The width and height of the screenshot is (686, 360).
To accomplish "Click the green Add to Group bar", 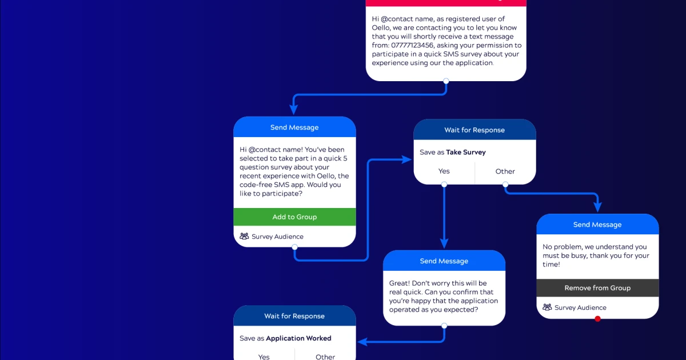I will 294,217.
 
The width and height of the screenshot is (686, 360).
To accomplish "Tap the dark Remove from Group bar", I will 597,288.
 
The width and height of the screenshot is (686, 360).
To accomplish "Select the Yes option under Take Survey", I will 444,171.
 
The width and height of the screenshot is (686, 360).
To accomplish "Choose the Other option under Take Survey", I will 505,171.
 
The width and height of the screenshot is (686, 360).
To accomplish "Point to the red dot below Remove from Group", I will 598,319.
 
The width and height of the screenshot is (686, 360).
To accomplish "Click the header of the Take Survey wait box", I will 474,130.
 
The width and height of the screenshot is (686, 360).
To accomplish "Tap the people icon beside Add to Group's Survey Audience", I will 244,237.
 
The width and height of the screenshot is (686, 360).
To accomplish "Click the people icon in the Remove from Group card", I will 547,307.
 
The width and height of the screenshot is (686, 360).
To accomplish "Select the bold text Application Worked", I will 299,338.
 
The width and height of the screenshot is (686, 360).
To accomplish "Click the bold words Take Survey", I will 466,153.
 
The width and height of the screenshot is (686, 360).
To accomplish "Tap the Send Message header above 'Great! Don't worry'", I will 444,261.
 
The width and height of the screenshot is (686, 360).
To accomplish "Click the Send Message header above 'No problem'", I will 597,225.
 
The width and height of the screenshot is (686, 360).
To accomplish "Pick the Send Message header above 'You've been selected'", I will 294,127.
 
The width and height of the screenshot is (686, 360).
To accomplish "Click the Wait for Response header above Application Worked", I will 294,316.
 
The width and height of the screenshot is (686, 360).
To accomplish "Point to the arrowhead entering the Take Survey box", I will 407,159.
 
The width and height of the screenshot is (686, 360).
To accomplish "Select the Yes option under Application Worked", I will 264,357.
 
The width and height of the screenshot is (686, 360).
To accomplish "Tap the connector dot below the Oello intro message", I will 446,81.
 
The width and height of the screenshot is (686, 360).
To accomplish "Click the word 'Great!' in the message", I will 399,283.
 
